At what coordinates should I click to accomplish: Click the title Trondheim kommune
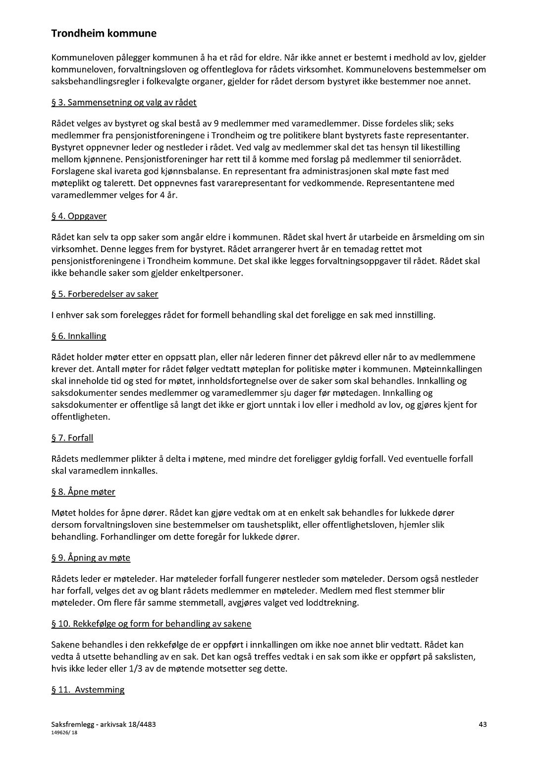tap(104, 34)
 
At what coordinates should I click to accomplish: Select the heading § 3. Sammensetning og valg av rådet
tap(124, 103)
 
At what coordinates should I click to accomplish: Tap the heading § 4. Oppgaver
tap(79, 216)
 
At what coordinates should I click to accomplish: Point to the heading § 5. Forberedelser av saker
tap(105, 294)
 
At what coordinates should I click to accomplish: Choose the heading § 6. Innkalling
tap(79, 336)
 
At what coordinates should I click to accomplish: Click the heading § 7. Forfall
tap(72, 437)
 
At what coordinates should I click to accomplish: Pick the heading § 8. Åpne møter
tap(83, 491)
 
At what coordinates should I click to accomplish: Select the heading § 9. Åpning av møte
tap(91, 557)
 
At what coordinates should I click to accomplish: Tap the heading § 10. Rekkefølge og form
tap(151, 623)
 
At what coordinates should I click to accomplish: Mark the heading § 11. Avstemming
tap(88, 689)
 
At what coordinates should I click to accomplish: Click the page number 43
tap(483, 724)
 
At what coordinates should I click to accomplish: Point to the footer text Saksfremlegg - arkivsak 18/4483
tap(104, 724)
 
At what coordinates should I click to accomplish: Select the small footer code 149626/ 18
tap(64, 732)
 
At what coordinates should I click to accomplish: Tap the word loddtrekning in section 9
tap(332, 602)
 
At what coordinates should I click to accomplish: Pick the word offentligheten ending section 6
tap(81, 417)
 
